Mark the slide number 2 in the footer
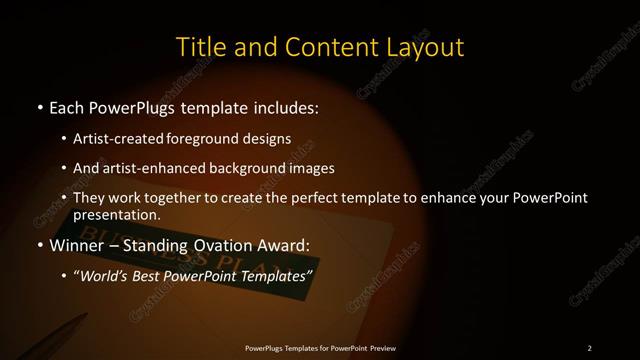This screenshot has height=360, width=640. [x=589, y=347]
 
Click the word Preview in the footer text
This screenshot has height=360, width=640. [x=377, y=347]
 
